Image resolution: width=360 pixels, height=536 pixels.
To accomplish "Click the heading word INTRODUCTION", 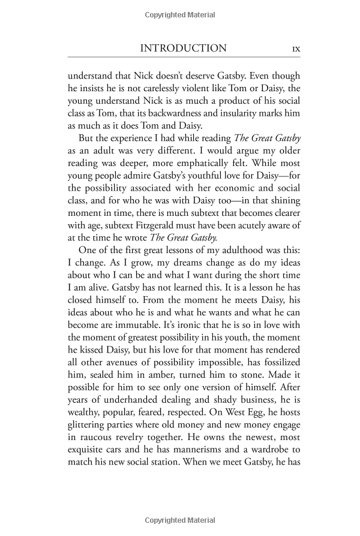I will click(182, 49).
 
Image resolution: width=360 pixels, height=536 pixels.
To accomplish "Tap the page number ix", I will click(295, 49).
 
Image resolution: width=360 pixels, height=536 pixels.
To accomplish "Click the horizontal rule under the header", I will click(179, 59).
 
